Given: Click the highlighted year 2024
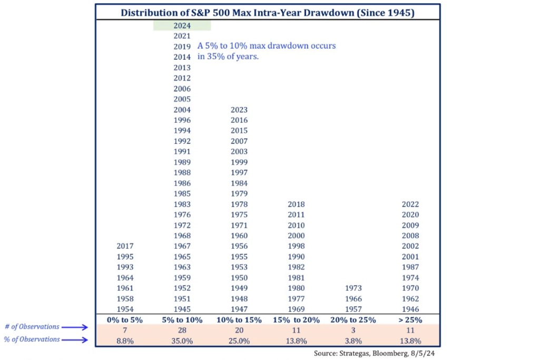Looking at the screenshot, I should click(x=182, y=25).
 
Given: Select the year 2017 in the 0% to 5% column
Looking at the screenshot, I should click(x=125, y=246).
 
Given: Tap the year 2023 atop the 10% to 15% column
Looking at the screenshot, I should click(x=239, y=110).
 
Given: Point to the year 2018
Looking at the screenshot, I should click(x=296, y=204).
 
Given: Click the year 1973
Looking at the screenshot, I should click(x=353, y=288).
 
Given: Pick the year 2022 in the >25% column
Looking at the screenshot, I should click(x=410, y=204).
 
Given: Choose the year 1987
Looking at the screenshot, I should click(x=410, y=267).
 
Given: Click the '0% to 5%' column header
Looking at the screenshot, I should click(x=125, y=319).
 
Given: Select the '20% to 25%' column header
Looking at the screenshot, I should click(x=353, y=319).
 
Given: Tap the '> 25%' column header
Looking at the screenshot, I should click(x=410, y=319).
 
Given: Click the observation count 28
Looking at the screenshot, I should click(x=182, y=329).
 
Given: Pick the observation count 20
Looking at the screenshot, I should click(x=239, y=329).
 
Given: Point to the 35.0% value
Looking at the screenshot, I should click(x=182, y=340).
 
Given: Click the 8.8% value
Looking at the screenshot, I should click(x=125, y=340).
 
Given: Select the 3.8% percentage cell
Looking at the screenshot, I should click(x=353, y=340).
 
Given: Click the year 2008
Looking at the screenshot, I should click(x=410, y=236).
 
